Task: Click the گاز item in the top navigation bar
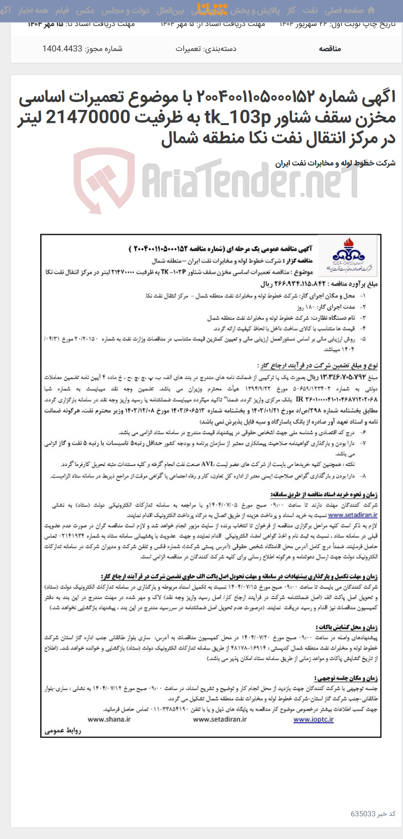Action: pos(291,10)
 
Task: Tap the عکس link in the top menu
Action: pos(85,10)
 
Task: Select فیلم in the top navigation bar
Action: pos(62,10)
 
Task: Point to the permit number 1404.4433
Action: pos(62,49)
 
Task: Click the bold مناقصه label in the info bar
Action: pos(330,49)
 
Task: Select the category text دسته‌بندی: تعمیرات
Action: pos(206,49)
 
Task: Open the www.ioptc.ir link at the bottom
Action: pos(313,719)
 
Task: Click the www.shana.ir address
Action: pos(109,719)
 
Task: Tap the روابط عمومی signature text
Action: pos(63,731)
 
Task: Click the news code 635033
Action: pos(363,813)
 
